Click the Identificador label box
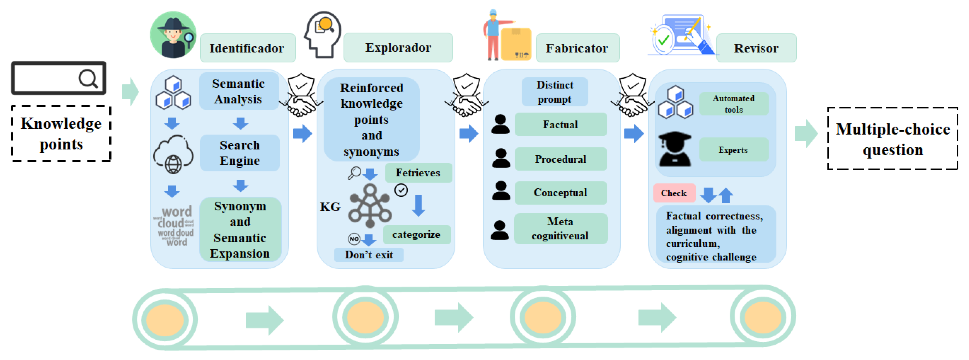(247, 48)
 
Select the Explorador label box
(398, 47)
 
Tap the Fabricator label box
(577, 48)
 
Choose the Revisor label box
(756, 48)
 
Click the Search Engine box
(240, 153)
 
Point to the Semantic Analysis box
(239, 91)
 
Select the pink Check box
(674, 193)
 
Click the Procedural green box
(561, 159)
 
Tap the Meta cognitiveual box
(561, 228)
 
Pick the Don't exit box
(369, 255)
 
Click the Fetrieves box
(418, 173)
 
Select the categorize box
(416, 234)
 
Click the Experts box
(733, 150)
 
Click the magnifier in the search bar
(88, 79)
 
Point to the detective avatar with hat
(173, 35)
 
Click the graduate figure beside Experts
(675, 149)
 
